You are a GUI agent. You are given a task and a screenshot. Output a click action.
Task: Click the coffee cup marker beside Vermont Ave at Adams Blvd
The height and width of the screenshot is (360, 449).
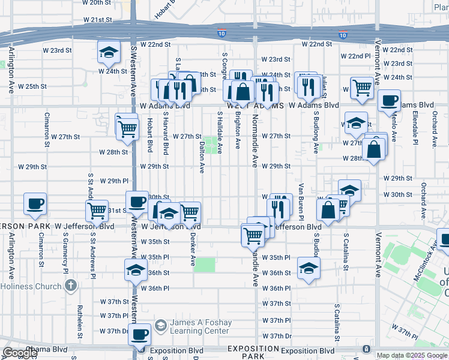[389, 100]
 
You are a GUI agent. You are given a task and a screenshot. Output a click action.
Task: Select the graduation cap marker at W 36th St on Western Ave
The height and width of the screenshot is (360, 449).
[136, 269]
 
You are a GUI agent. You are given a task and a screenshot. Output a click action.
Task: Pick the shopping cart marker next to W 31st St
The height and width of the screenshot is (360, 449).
[97, 211]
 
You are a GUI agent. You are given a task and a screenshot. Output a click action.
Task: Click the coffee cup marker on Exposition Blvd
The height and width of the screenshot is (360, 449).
[140, 335]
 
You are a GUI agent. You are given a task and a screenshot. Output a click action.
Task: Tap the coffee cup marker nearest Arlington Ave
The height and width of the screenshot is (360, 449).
[35, 203]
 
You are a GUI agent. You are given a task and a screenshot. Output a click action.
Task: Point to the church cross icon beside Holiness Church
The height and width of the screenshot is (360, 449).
[71, 286]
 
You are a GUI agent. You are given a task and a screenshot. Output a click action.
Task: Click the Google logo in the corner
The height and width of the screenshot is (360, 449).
[20, 353]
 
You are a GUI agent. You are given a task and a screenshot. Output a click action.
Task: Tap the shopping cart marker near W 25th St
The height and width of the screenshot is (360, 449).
[362, 88]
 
